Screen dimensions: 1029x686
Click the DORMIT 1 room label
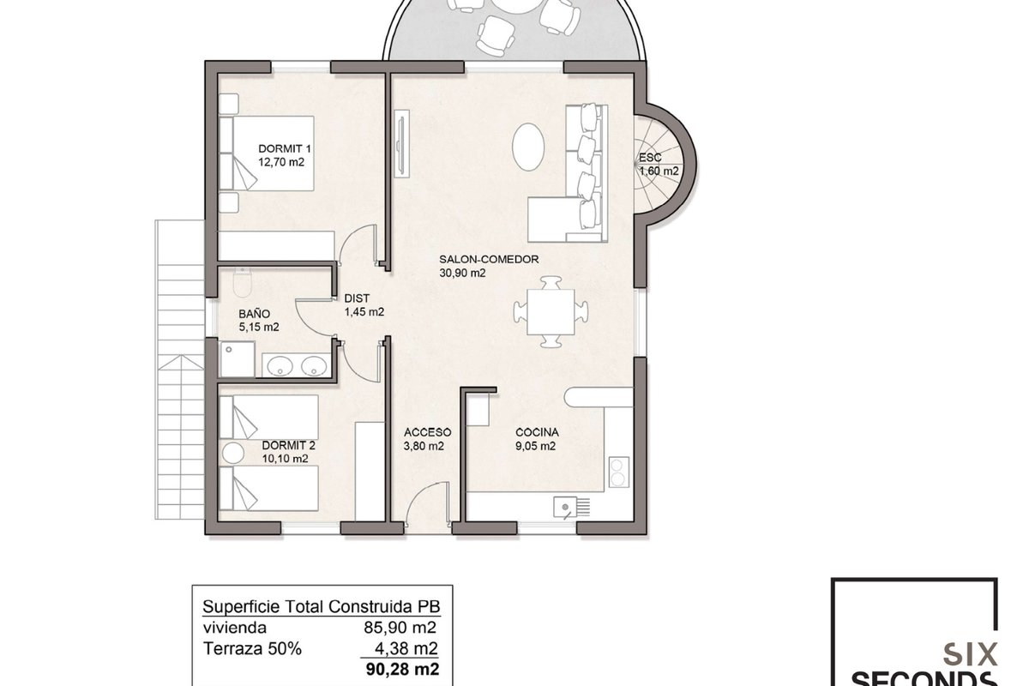coord(285,148)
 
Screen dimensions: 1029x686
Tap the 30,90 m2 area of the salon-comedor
coord(462,273)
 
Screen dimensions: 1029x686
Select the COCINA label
coord(537,432)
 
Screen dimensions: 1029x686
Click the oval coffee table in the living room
coord(528,147)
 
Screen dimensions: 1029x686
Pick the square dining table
coord(551,312)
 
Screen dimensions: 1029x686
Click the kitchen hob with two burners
coord(619,472)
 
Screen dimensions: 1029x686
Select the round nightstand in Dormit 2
coord(233,453)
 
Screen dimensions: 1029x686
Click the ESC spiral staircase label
coord(650,158)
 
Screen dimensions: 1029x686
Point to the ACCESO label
coord(427,432)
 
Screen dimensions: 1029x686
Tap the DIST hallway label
coord(357,298)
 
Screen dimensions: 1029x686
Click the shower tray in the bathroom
coord(237,358)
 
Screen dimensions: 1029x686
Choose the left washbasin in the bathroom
coord(280,366)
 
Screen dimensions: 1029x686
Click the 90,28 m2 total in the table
coord(402,669)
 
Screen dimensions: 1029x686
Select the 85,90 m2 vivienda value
coord(400,627)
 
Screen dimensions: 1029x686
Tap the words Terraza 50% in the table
coord(252,648)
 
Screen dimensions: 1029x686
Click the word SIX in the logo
coord(971,655)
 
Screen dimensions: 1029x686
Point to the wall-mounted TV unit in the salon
coord(401,143)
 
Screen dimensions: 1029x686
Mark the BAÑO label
coord(254,314)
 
